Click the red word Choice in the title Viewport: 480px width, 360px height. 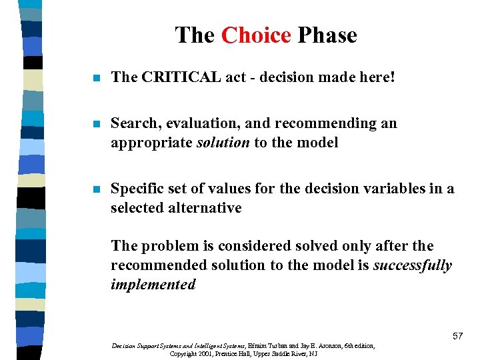256,35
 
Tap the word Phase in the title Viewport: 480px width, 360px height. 327,35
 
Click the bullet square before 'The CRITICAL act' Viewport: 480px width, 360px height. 97,78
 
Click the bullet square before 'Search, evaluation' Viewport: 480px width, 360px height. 97,124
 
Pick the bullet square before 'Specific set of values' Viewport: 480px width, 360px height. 97,189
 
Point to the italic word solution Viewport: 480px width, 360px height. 223,142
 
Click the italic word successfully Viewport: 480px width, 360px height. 412,265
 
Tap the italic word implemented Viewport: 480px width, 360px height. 153,285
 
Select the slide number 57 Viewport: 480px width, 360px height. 457,336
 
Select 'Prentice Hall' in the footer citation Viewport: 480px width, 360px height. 253,353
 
